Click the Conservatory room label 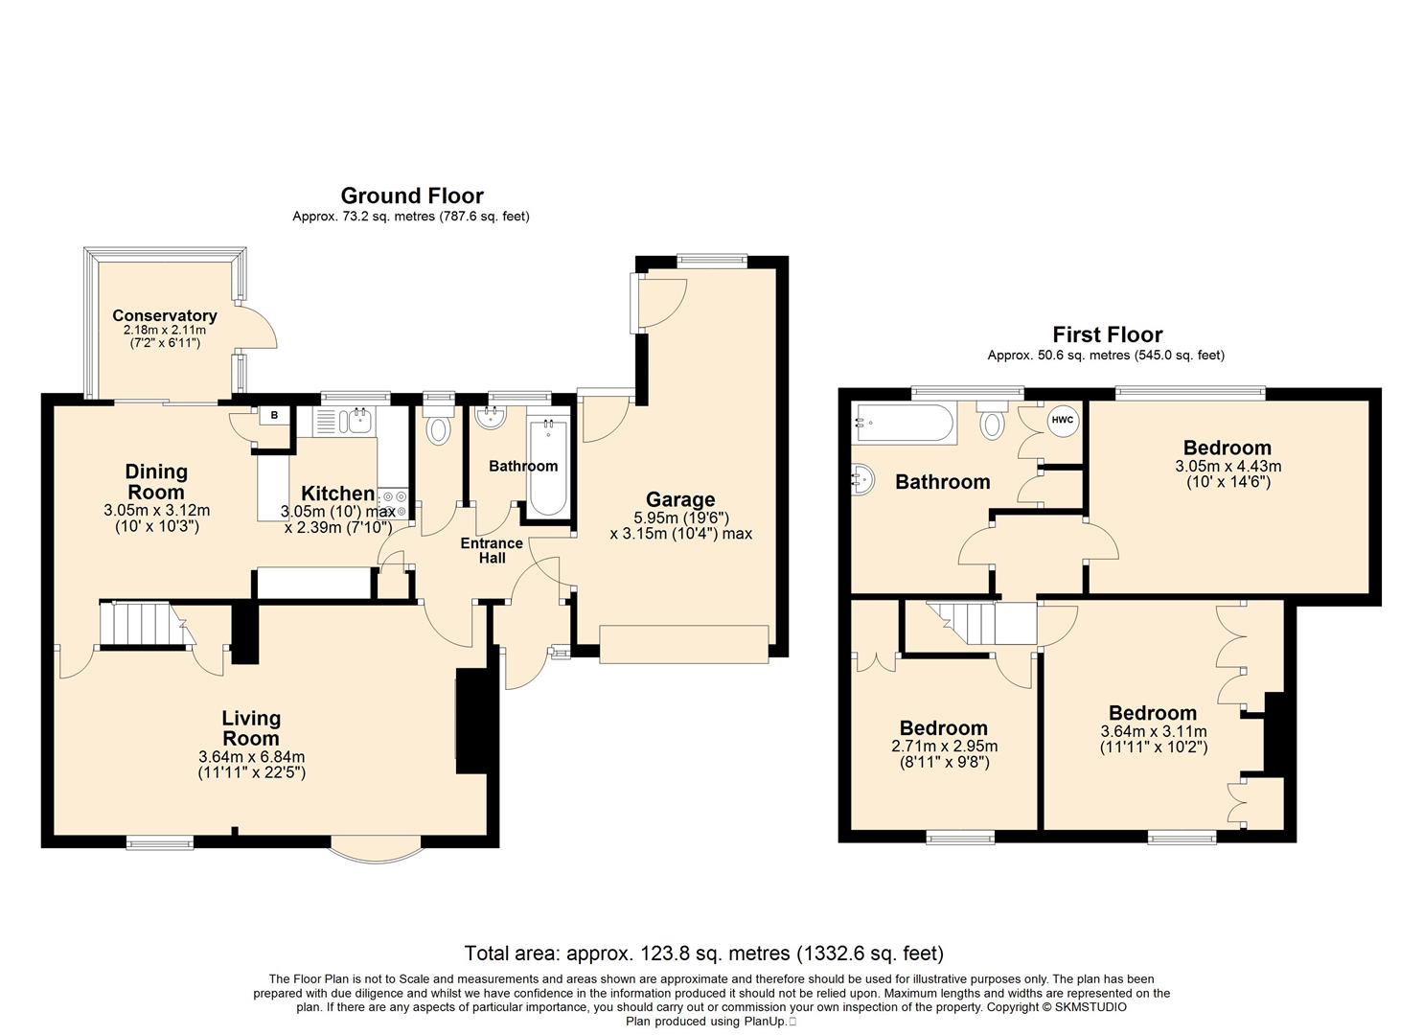(165, 316)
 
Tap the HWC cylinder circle (1062, 420)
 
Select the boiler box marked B (274, 416)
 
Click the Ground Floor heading (412, 195)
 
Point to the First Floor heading (1108, 334)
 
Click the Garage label (680, 499)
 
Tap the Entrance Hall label (492, 551)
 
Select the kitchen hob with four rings (394, 503)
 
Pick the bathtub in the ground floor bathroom (548, 467)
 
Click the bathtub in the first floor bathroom (904, 424)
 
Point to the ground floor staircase (146, 625)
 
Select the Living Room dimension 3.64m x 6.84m (252, 757)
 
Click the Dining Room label (156, 482)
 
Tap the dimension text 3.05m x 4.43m (1228, 466)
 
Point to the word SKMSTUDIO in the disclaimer (1090, 1007)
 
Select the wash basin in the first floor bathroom (862, 479)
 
